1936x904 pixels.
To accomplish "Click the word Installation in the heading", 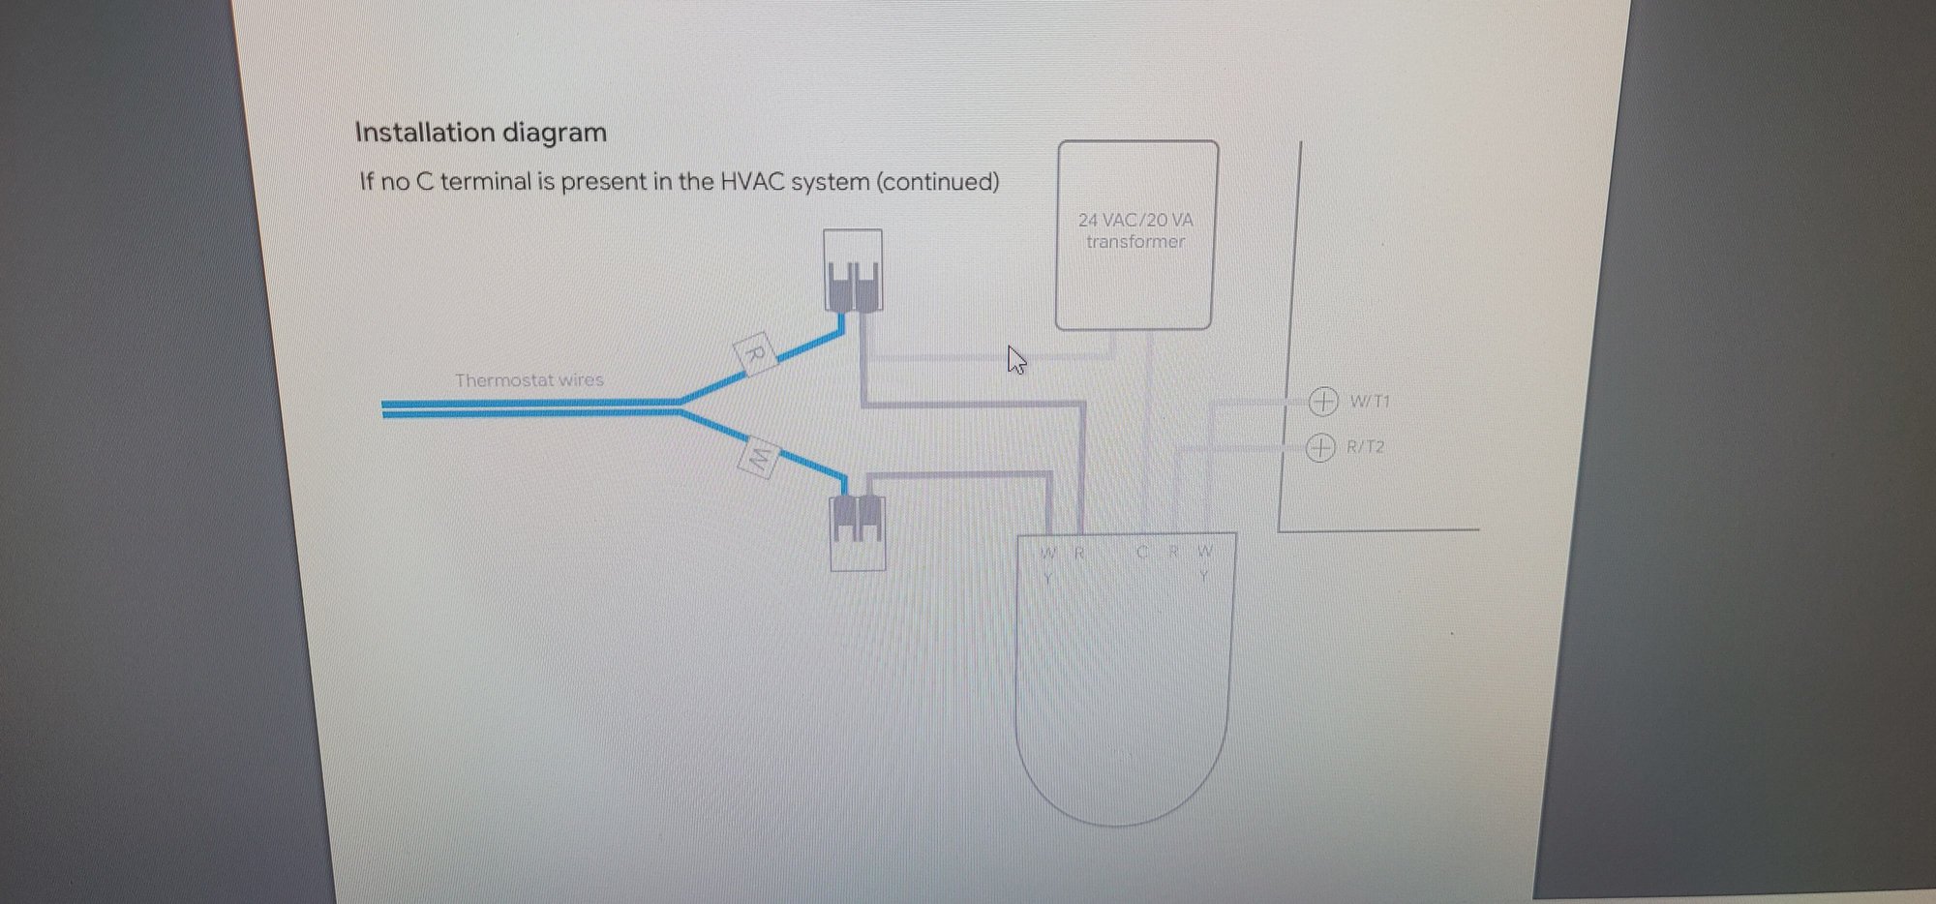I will [x=418, y=133].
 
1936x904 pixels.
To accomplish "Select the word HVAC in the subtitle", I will [x=752, y=182].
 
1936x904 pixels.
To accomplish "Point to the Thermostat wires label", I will [x=529, y=380].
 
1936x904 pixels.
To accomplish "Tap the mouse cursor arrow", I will [x=1014, y=359].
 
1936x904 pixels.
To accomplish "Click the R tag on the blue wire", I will [x=755, y=353].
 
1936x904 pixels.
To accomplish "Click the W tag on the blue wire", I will [x=759, y=459].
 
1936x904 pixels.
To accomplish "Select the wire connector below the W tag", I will [x=858, y=532].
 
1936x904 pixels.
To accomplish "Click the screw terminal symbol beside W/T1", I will [x=1323, y=401].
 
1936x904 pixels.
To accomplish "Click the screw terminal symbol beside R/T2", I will [x=1320, y=448].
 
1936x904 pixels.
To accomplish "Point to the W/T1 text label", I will [x=1370, y=401].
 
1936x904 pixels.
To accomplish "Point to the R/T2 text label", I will [x=1366, y=447].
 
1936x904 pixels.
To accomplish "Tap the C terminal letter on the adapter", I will [x=1142, y=553].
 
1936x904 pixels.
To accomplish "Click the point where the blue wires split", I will [x=681, y=407].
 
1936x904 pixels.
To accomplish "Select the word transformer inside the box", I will [x=1135, y=242].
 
